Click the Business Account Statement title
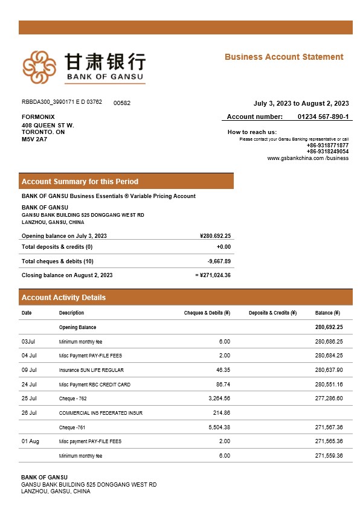pos(284,57)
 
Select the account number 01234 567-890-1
pos(323,117)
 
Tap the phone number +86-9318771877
pos(327,146)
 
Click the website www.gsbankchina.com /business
pos(307,158)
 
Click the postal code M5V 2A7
pos(34,139)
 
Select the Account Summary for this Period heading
pos(80,181)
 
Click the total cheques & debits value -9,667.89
pos(219,261)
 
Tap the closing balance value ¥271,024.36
pos(214,275)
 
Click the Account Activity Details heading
pos(63,297)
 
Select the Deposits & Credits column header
pos(272,313)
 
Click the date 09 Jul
pos(29,370)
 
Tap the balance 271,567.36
pos(329,427)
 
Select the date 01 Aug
pos(30,441)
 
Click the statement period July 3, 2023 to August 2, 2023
pos(301,103)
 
